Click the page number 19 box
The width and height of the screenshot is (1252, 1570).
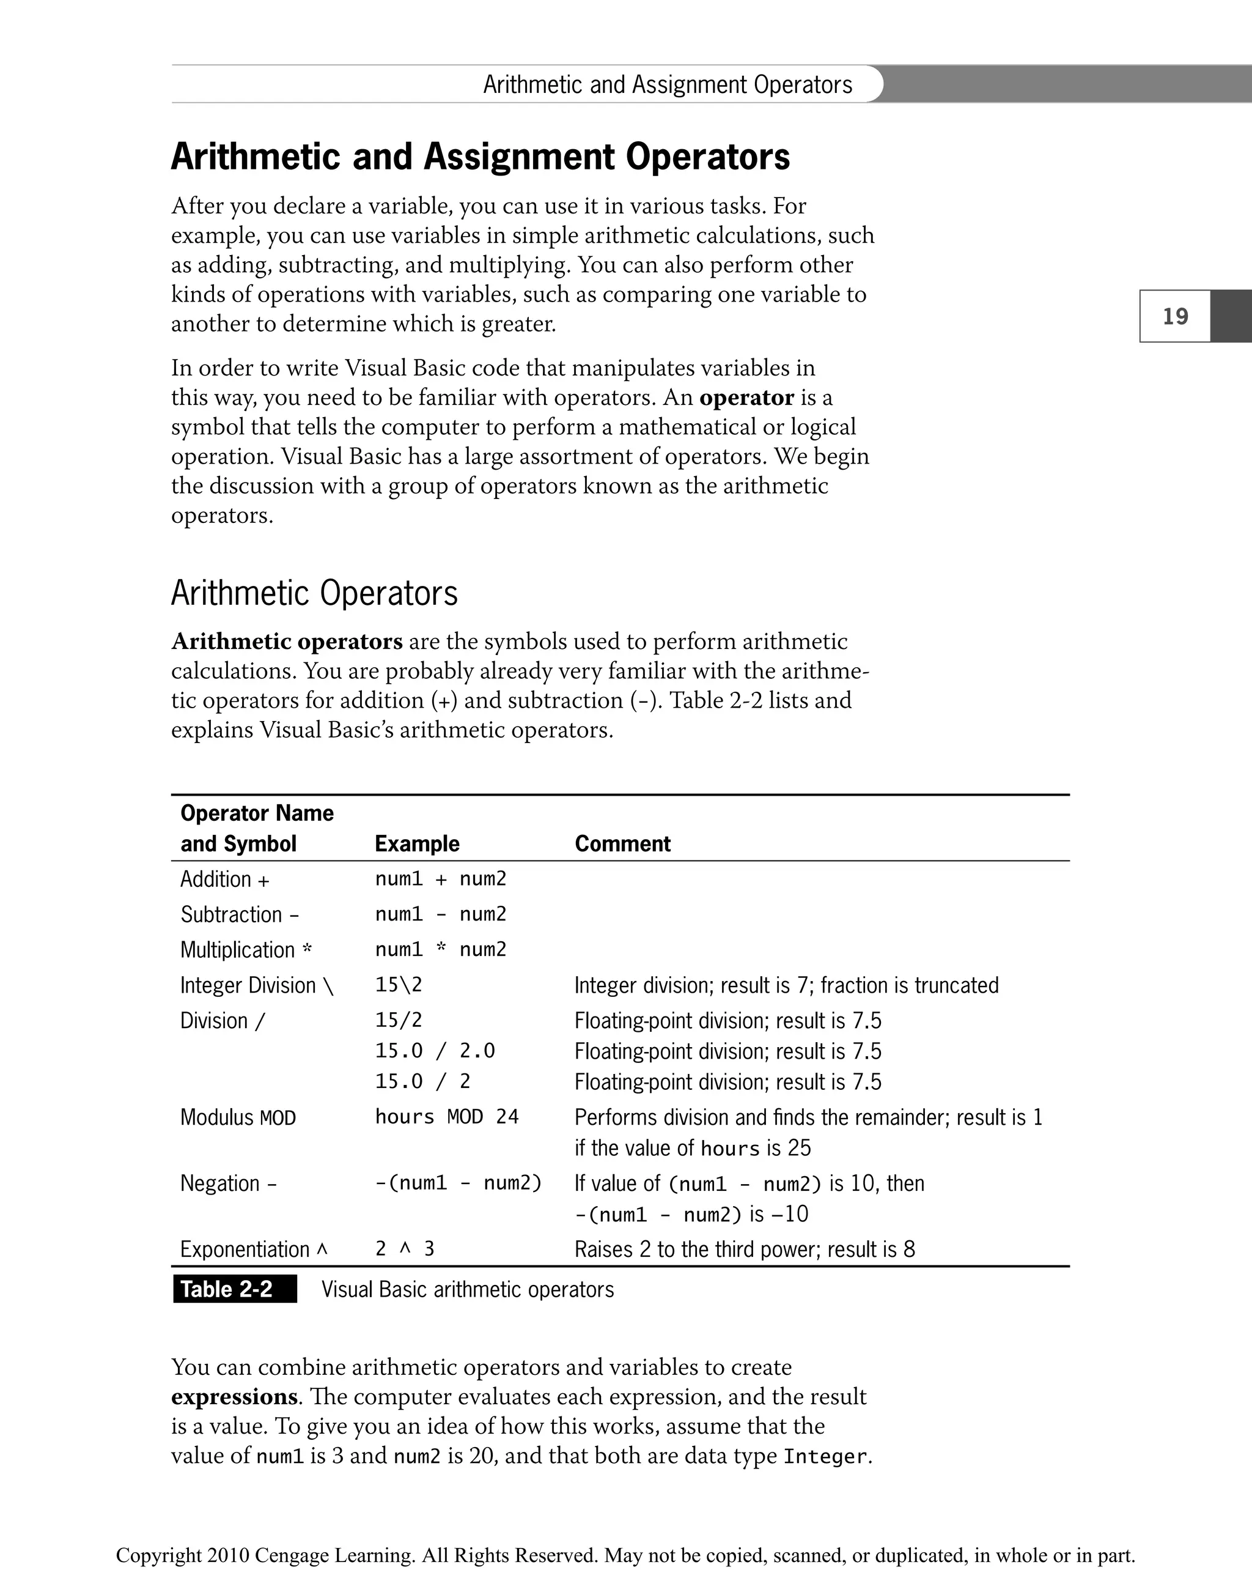tap(1175, 316)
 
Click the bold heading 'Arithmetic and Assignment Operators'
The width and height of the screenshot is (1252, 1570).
tap(481, 157)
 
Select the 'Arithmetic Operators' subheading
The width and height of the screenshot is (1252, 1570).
tap(314, 593)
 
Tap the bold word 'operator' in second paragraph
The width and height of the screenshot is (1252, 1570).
tap(746, 398)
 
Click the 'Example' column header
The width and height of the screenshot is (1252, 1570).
tap(417, 843)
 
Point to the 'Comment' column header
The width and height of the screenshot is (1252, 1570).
tap(622, 843)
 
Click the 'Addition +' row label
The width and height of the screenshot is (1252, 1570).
tap(225, 879)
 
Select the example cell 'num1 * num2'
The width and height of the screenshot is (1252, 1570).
tap(440, 950)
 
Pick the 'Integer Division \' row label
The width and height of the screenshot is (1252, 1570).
tap(256, 985)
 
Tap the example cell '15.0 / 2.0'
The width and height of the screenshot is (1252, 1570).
tap(435, 1051)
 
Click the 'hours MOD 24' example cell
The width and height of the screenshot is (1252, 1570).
tap(447, 1116)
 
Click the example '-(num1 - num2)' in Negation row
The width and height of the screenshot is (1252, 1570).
tap(458, 1183)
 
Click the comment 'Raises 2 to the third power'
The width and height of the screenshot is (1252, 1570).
tap(745, 1249)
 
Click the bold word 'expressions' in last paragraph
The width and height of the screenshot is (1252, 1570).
tap(234, 1397)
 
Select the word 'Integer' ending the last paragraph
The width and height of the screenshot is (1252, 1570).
tap(825, 1456)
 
